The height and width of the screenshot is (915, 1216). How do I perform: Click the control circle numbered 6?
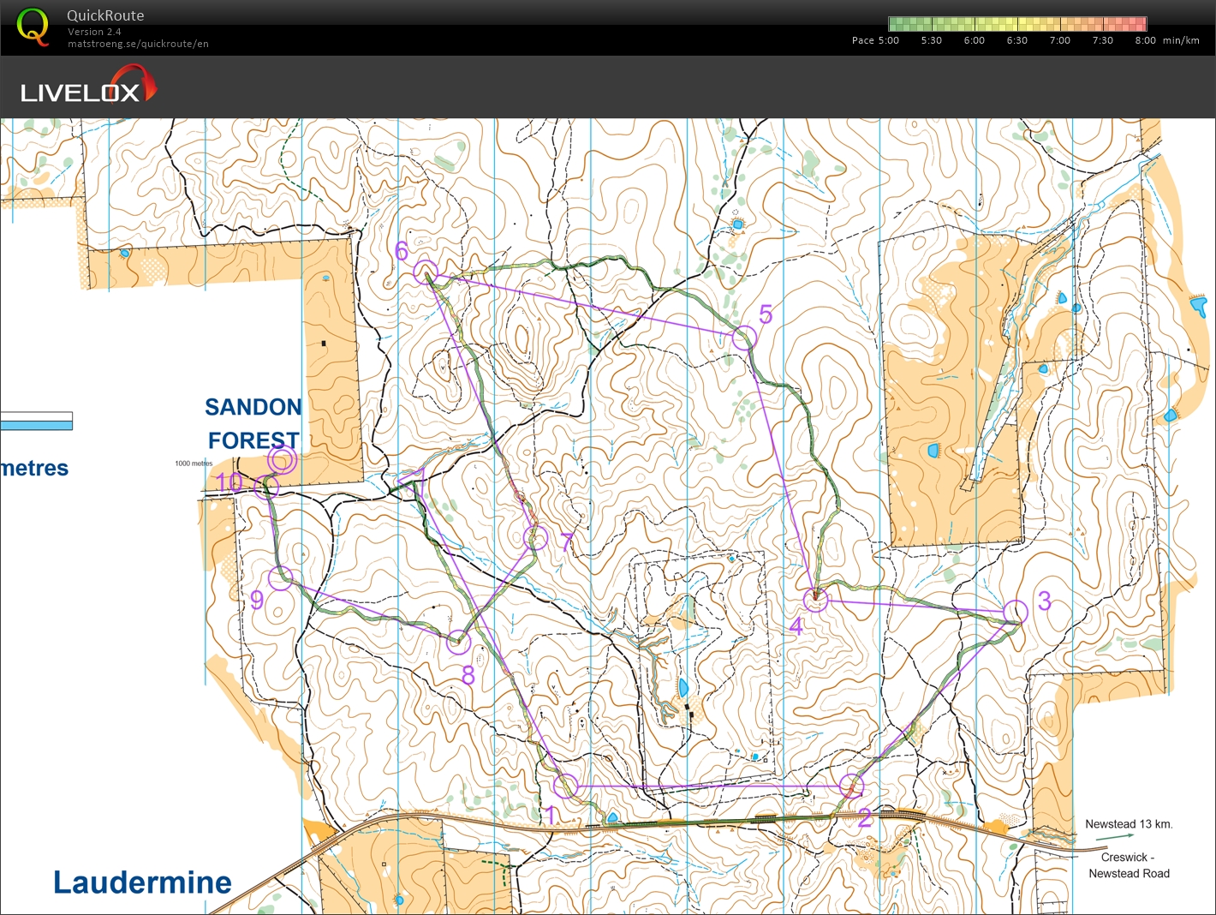pyautogui.click(x=426, y=272)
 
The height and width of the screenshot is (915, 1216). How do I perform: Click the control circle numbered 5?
pyautogui.click(x=744, y=337)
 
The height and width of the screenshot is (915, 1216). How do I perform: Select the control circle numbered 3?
pyautogui.click(x=1016, y=611)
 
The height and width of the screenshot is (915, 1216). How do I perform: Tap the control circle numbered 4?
pyautogui.click(x=816, y=600)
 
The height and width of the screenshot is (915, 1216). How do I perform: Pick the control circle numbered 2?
pyautogui.click(x=851, y=786)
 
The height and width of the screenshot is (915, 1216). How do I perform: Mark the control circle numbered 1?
pyautogui.click(x=565, y=786)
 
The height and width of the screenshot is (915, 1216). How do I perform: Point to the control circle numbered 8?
pyautogui.click(x=459, y=641)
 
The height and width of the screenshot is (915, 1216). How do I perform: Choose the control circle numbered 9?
pyautogui.click(x=280, y=578)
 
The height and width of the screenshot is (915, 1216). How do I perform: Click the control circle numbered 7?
pyautogui.click(x=535, y=538)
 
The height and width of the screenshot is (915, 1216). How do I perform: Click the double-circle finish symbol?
pyautogui.click(x=282, y=460)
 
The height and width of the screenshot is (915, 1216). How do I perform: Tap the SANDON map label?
pyautogui.click(x=253, y=407)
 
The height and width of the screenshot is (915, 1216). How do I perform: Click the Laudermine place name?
pyautogui.click(x=142, y=882)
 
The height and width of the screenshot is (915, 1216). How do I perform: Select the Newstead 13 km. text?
pyautogui.click(x=1128, y=824)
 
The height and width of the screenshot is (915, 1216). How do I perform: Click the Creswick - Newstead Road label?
pyautogui.click(x=1128, y=865)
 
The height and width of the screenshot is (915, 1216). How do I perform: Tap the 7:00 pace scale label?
pyautogui.click(x=1059, y=40)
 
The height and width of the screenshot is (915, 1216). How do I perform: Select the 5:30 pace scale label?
pyautogui.click(x=931, y=40)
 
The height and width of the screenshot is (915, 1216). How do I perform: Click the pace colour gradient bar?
pyautogui.click(x=1017, y=24)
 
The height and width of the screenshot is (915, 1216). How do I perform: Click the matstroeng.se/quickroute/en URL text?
pyautogui.click(x=138, y=44)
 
